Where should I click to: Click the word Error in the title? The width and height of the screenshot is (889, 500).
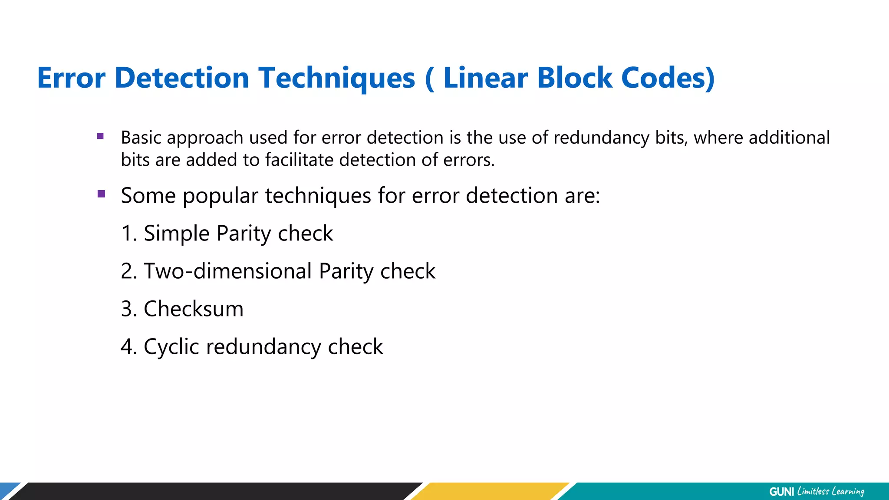tap(71, 78)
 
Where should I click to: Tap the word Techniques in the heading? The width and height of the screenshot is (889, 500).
tap(337, 78)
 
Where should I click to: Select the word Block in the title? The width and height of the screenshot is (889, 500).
tap(575, 78)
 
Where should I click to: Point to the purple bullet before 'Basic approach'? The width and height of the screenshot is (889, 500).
tap(101, 136)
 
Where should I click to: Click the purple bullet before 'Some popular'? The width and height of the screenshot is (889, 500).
tap(102, 194)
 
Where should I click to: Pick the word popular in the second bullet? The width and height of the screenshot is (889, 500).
tap(220, 196)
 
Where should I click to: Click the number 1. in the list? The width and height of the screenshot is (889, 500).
tap(129, 234)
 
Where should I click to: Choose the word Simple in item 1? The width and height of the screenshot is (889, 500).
tap(177, 234)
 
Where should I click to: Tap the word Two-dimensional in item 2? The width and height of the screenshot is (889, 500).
tap(228, 271)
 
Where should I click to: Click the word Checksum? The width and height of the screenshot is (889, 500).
tap(194, 309)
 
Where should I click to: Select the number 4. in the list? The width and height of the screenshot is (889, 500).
tap(129, 347)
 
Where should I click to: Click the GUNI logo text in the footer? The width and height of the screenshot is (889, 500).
tap(781, 492)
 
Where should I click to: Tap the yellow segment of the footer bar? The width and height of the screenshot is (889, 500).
tap(491, 491)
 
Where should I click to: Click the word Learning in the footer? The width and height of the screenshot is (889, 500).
tap(847, 492)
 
